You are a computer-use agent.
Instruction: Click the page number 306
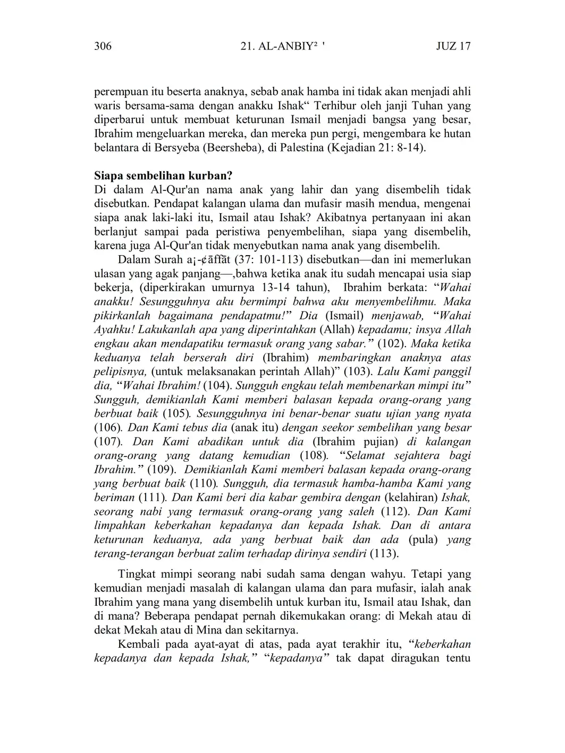point(103,46)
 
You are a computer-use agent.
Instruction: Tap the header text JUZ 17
point(453,46)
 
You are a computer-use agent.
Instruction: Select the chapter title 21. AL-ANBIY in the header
point(282,46)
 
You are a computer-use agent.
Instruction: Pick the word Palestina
point(300,147)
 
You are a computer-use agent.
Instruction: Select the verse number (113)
point(384,554)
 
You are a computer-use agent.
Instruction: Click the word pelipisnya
point(120,371)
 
